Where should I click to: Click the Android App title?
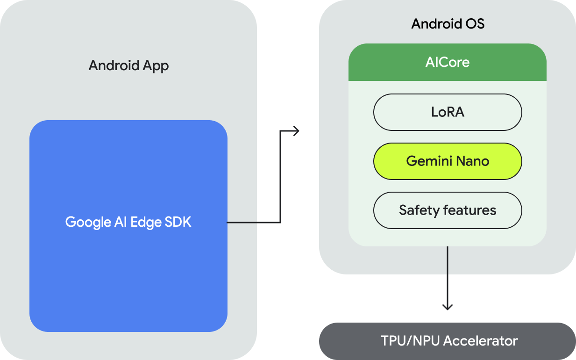(128, 65)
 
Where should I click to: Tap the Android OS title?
(448, 24)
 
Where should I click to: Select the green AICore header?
(447, 62)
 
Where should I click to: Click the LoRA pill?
(447, 112)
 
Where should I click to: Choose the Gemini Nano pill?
(447, 161)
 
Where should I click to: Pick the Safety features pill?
(447, 210)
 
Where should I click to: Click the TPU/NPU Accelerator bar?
(447, 341)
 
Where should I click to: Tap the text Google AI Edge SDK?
(128, 222)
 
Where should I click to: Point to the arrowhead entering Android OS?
(296, 131)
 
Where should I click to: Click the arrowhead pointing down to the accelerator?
(448, 307)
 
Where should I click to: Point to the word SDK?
(178, 222)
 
